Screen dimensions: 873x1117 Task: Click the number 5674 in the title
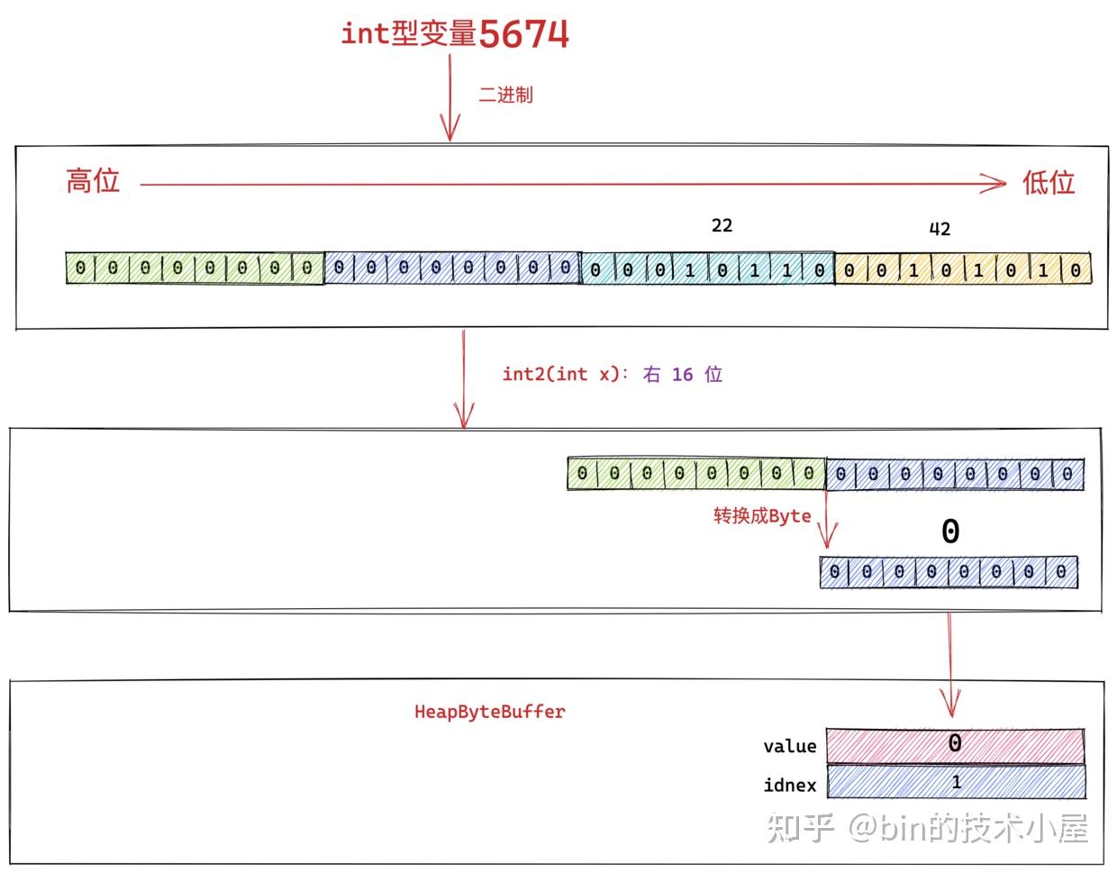point(523,34)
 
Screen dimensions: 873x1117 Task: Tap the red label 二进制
point(505,95)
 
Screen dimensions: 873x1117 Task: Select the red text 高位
point(93,181)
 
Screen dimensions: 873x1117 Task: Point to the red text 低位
point(1048,183)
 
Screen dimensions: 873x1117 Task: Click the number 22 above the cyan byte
point(722,225)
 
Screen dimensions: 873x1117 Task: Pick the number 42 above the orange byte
point(940,229)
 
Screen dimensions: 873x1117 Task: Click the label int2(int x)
point(561,374)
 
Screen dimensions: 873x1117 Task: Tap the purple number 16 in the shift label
point(683,374)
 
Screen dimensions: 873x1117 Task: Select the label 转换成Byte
point(762,516)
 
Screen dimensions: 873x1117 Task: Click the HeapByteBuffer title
point(489,712)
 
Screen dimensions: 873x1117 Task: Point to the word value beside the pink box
point(789,746)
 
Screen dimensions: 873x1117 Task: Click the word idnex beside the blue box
point(789,785)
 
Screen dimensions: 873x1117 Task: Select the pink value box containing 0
point(955,745)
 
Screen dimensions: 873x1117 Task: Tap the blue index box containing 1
point(955,782)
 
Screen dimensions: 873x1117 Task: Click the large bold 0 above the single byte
point(950,532)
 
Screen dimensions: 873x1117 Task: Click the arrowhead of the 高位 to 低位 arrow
point(995,184)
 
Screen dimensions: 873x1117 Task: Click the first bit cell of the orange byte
point(849,269)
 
